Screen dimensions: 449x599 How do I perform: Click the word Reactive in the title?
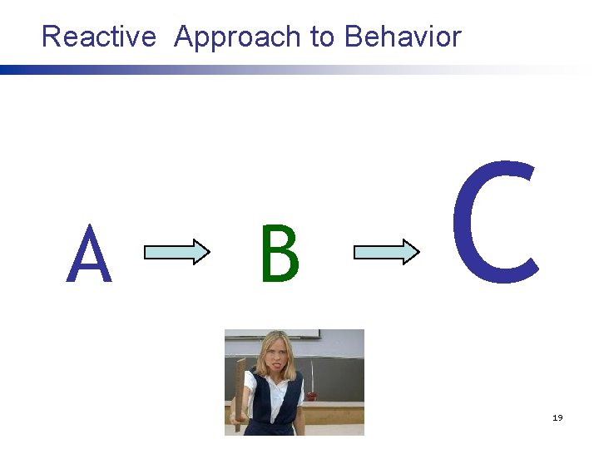[98, 37]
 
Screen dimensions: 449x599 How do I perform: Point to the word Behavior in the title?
[403, 37]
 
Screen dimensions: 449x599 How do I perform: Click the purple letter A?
[89, 257]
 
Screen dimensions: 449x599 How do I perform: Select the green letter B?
[279, 254]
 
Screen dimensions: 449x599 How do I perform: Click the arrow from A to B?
[177, 251]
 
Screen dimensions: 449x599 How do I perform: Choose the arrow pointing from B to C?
[387, 251]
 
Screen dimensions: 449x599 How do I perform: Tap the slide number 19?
[557, 417]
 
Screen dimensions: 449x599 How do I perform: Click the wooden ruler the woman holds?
[240, 391]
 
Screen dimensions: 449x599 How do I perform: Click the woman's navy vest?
[275, 407]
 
